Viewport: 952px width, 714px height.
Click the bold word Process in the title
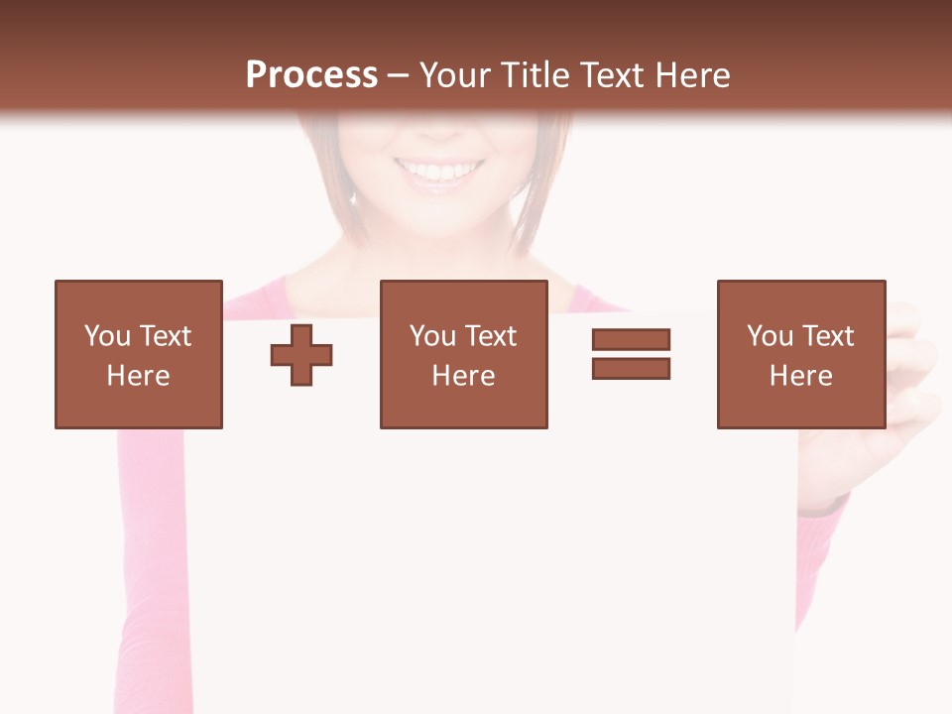[311, 75]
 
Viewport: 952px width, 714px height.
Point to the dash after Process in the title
[399, 76]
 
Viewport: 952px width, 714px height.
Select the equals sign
[631, 354]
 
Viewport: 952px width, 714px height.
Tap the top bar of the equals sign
[631, 339]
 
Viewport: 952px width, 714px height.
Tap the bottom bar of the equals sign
[631, 369]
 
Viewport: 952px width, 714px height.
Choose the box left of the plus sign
[139, 354]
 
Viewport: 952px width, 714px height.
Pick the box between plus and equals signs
[464, 354]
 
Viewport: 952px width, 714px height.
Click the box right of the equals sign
[801, 354]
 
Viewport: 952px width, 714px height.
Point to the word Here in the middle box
[464, 376]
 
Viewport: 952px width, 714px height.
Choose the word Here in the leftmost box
[139, 376]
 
